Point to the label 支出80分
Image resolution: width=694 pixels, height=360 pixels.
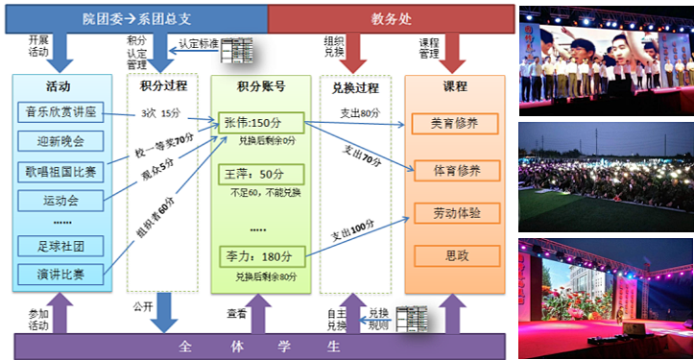coord(356,111)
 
